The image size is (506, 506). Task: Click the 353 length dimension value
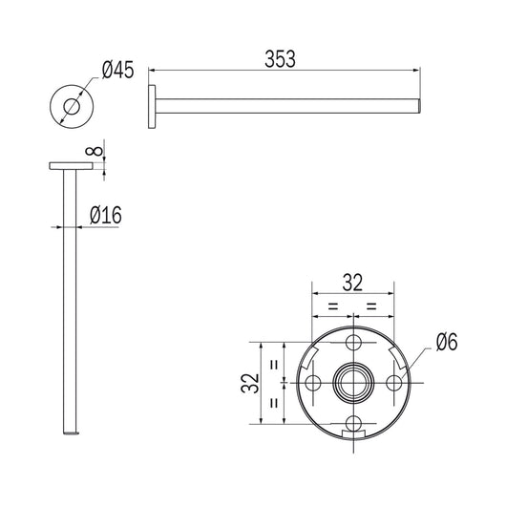pyautogui.click(x=281, y=57)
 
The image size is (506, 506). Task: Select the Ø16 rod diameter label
pyautogui.click(x=106, y=216)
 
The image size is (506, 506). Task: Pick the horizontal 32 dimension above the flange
pyautogui.click(x=353, y=282)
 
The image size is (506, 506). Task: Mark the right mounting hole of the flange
pyautogui.click(x=394, y=383)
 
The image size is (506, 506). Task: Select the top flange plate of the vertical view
pyautogui.click(x=72, y=168)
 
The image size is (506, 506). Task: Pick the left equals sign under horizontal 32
pyautogui.click(x=333, y=306)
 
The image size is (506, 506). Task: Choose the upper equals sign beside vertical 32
pyautogui.click(x=275, y=363)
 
